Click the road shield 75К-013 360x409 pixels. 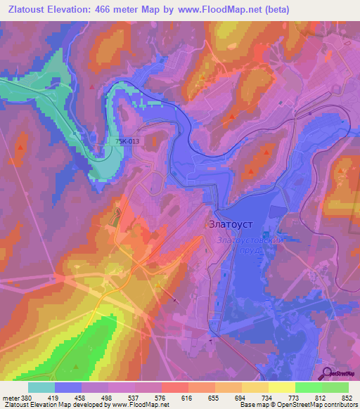coord(127,141)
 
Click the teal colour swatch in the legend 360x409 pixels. coord(41,387)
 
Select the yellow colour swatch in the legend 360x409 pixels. coord(282,387)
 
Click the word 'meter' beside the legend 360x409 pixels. coord(10,397)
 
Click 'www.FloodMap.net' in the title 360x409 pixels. coord(215,10)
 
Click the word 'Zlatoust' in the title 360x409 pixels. coord(27,10)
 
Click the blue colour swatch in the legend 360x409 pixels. coord(68,387)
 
